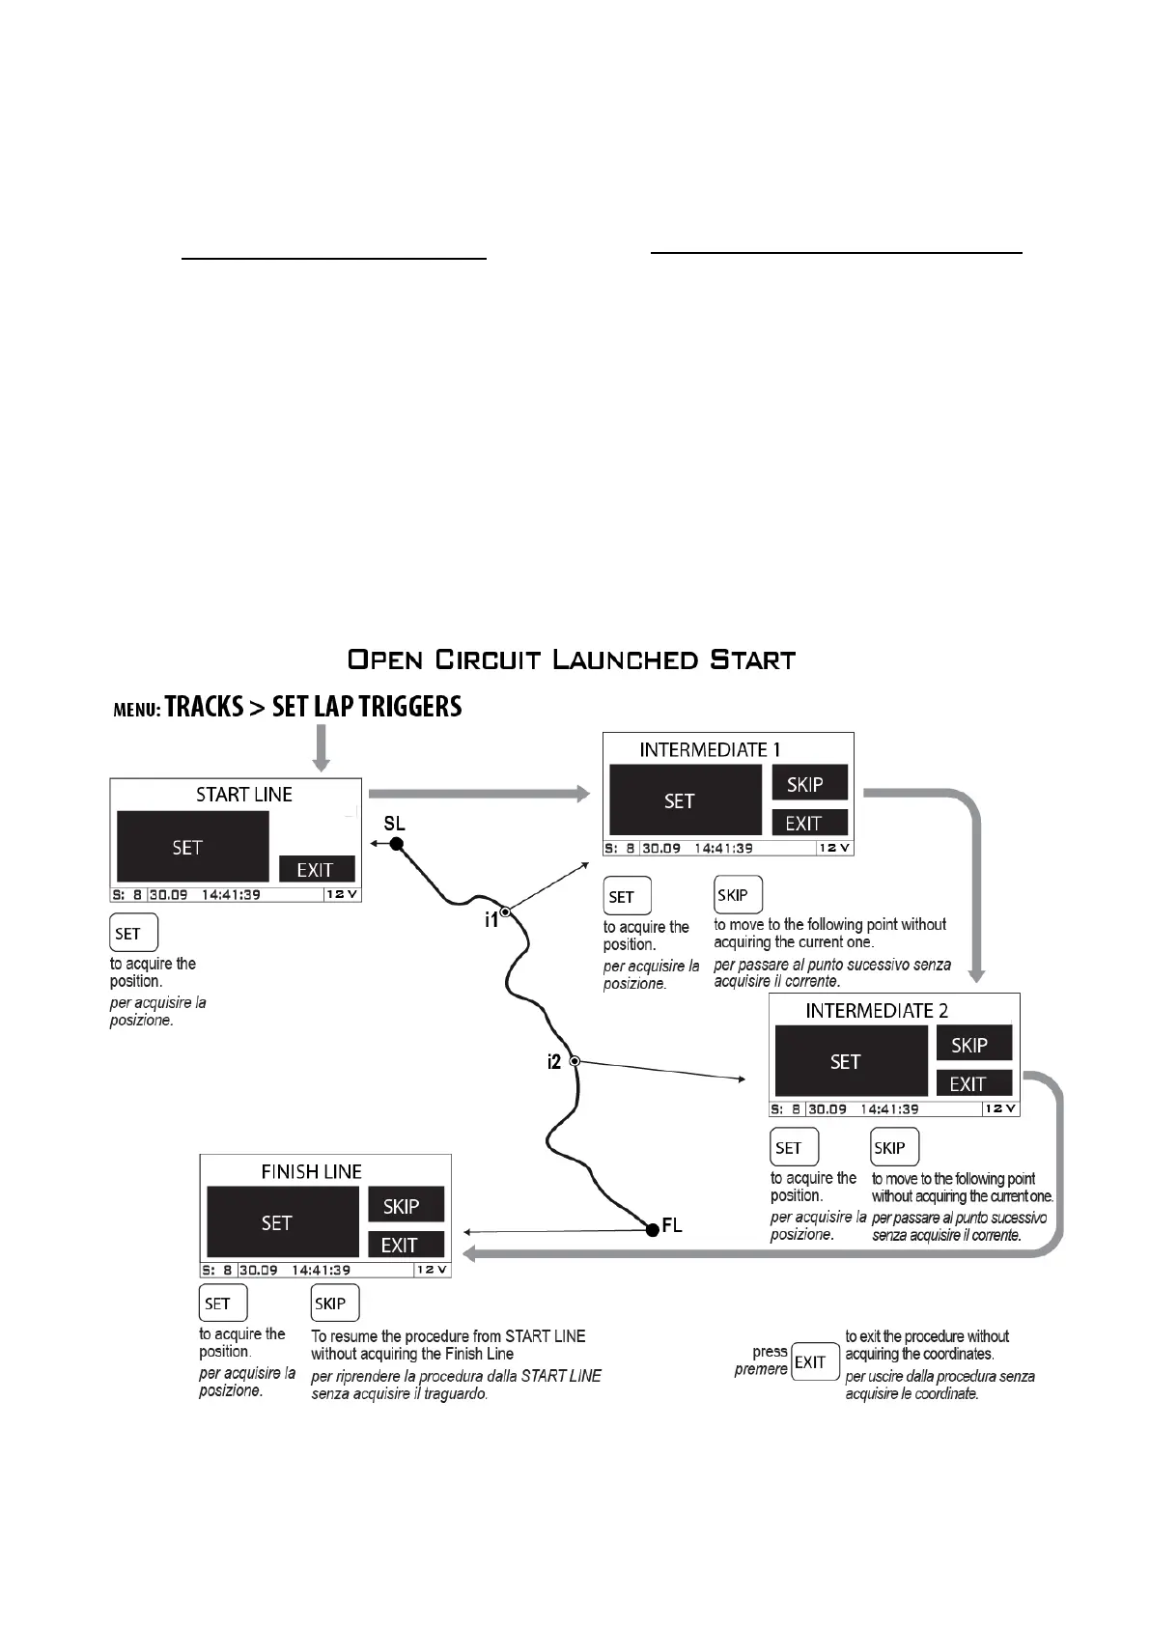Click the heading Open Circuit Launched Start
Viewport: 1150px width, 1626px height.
coord(572,660)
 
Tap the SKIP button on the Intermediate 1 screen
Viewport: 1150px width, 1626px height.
coord(808,784)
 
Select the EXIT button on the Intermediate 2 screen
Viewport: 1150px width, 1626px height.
coord(973,1083)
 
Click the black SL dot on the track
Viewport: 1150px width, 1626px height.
coord(396,844)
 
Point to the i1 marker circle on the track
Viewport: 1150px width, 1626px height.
coord(505,911)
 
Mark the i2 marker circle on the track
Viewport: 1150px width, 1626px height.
coord(575,1061)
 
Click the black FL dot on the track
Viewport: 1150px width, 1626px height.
coord(652,1227)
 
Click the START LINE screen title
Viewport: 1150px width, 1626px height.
coord(243,795)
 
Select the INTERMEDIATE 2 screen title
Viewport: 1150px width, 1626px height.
coord(877,1011)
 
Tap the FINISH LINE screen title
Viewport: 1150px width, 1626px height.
coord(311,1171)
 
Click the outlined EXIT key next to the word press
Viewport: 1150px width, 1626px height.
coord(814,1361)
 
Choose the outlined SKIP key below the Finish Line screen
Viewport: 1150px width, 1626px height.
coord(334,1303)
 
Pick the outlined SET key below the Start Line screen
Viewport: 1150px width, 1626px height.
coord(132,933)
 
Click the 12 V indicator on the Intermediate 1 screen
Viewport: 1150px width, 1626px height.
coord(834,848)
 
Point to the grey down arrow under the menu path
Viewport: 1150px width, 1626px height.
coord(322,748)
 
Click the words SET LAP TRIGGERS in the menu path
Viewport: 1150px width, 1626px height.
coord(367,707)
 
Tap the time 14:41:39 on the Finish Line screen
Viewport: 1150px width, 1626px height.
coord(321,1271)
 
